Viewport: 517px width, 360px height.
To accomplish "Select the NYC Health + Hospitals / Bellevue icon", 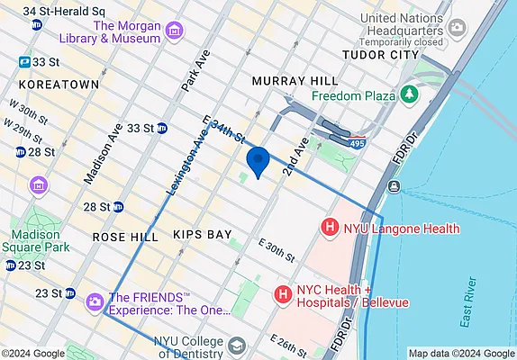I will coord(283,294).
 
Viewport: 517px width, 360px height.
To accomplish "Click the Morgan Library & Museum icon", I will coord(173,32).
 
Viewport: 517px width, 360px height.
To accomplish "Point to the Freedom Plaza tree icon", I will coord(411,94).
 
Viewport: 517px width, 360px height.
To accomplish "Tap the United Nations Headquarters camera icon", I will coord(457,27).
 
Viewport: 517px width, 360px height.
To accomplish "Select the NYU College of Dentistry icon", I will coord(236,346).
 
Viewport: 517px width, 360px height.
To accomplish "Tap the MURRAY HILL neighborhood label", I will coord(286,80).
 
